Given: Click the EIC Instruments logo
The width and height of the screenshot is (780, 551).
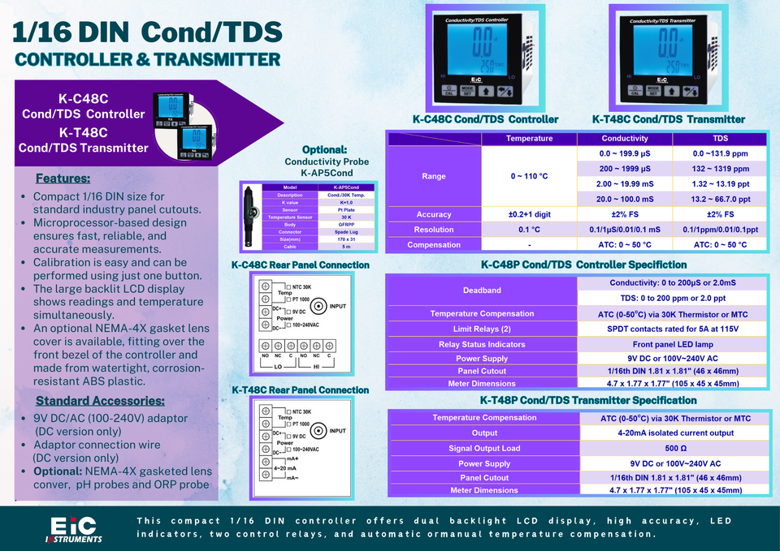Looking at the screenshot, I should pyautogui.click(x=73, y=529).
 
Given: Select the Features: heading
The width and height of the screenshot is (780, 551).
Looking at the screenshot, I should pyautogui.click(x=63, y=179).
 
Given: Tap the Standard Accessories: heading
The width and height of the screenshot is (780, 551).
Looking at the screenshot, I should pyautogui.click(x=100, y=401).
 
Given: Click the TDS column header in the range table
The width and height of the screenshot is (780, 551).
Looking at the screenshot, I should pyautogui.click(x=720, y=139).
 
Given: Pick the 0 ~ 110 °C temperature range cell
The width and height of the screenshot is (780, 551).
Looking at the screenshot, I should pyautogui.click(x=529, y=176).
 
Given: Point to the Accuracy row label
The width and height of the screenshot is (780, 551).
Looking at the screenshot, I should pyautogui.click(x=434, y=214).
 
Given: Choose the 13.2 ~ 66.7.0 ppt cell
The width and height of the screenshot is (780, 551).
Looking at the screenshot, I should pyautogui.click(x=720, y=200).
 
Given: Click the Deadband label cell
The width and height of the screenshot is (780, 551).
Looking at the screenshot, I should pyautogui.click(x=482, y=290).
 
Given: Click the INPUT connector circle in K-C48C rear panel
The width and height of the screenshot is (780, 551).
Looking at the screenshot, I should pyautogui.click(x=320, y=306).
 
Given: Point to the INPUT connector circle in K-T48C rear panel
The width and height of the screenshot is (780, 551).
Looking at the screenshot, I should pyautogui.click(x=320, y=431).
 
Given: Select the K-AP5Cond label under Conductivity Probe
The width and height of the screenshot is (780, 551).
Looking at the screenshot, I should pyautogui.click(x=326, y=172).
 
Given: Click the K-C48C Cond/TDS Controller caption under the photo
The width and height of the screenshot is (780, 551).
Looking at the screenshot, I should pyautogui.click(x=485, y=119).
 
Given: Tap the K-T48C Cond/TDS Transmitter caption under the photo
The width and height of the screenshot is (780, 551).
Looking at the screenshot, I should pyautogui.click(x=668, y=119).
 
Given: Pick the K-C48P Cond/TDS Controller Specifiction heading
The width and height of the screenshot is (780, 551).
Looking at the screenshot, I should pyautogui.click(x=583, y=265).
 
